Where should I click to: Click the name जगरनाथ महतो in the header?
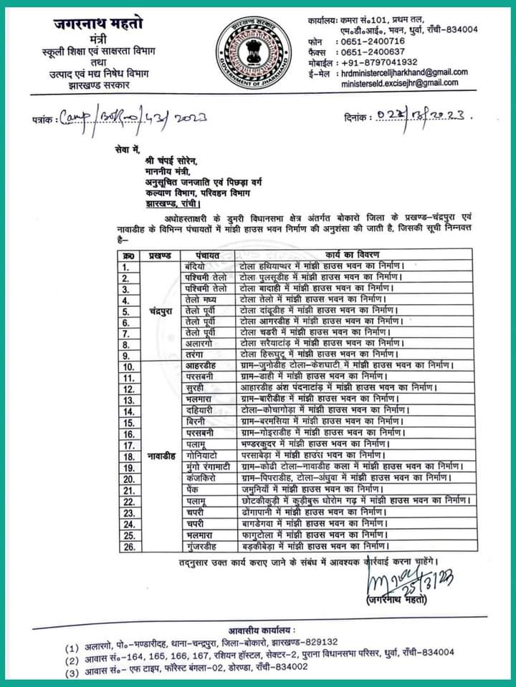pos(97,24)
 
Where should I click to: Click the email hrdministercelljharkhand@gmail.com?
pos(405,72)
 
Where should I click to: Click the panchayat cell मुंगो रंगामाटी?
pos(209,466)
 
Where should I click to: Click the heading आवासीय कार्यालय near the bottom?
pos(262,629)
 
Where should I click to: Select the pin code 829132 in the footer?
pos(320,642)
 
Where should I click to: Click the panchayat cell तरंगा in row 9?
pos(196,354)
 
